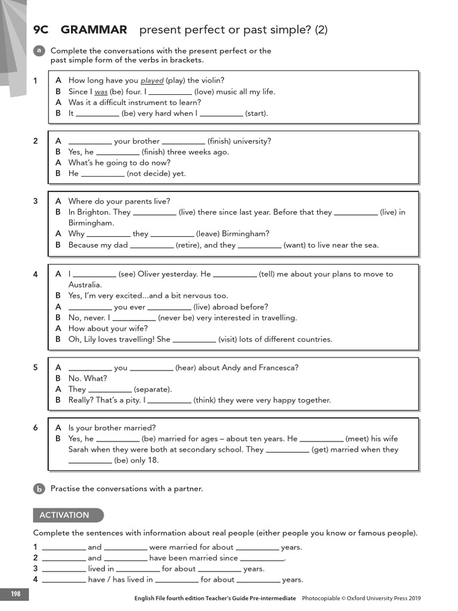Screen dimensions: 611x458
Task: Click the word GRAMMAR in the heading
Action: click(x=94, y=29)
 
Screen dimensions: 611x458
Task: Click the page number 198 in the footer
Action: click(x=14, y=594)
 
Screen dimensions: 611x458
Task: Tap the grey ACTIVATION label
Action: click(x=64, y=515)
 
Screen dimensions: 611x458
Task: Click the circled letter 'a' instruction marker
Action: click(x=39, y=51)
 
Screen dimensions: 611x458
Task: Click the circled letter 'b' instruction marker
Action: click(x=39, y=489)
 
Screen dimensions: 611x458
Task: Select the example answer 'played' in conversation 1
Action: click(x=152, y=81)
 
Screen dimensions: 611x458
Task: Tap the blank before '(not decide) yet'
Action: click(x=103, y=174)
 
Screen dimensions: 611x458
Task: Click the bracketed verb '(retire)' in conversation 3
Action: click(x=188, y=245)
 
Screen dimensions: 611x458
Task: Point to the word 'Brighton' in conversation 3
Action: click(x=94, y=212)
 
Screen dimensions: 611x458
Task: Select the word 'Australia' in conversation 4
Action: click(x=85, y=285)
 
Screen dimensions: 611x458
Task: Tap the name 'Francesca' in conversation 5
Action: click(x=278, y=368)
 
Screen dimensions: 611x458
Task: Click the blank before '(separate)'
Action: click(x=110, y=389)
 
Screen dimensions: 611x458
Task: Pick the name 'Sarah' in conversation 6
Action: click(x=79, y=449)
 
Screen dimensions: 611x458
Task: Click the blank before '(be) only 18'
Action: click(x=90, y=461)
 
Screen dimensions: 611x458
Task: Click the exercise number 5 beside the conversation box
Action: click(x=36, y=368)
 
